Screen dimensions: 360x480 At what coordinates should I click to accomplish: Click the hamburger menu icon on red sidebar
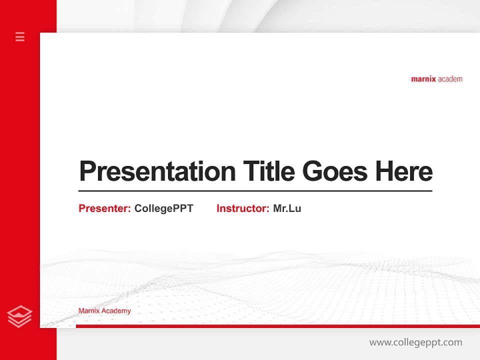[20, 36]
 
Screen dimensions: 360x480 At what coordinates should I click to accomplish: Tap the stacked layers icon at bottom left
[19, 316]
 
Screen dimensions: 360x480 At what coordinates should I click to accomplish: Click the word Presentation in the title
[157, 171]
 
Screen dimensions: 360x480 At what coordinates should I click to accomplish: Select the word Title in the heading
[268, 171]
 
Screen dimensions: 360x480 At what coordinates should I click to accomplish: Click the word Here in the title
[403, 171]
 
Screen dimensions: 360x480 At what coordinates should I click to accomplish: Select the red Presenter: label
[104, 208]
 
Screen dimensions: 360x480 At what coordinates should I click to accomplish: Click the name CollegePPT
[163, 208]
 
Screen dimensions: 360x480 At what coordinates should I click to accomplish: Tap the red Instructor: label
[242, 208]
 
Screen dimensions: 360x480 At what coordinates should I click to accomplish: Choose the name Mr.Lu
[287, 208]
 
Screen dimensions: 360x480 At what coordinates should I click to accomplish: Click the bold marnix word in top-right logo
[423, 79]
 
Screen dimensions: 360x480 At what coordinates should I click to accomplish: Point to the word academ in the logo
[450, 79]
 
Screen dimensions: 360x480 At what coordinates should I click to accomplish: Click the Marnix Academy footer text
[104, 311]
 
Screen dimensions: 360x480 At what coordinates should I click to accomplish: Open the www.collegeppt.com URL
[415, 342]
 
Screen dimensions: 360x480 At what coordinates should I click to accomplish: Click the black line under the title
[255, 191]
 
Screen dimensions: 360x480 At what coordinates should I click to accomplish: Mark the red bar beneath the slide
[277, 326]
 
